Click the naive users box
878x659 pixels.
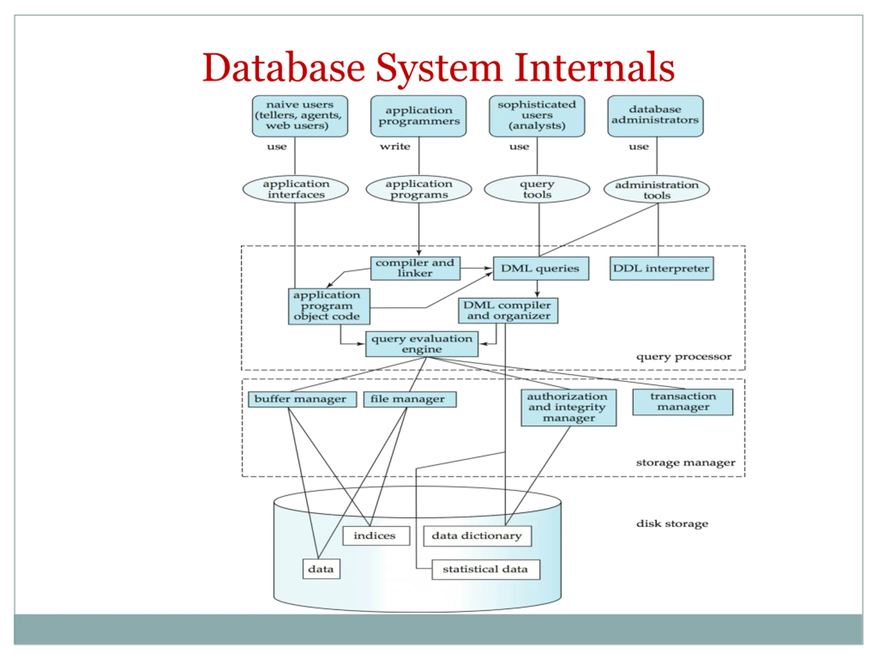coord(300,116)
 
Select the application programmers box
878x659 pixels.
coord(418,116)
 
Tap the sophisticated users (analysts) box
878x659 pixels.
coord(537,116)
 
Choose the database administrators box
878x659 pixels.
coord(655,116)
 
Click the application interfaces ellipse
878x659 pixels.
coord(296,189)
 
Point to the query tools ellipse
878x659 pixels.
coord(537,189)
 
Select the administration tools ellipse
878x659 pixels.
coord(657,189)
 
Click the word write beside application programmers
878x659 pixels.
coord(395,147)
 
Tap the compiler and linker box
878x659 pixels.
coord(415,268)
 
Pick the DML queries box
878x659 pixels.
coord(541,268)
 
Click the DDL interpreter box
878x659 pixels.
coord(662,268)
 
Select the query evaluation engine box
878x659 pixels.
coord(422,344)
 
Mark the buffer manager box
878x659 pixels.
coord(302,399)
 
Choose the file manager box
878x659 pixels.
coord(410,399)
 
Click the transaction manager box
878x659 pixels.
coord(683,402)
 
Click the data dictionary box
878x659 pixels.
coord(477,536)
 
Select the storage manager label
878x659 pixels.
coord(686,463)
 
